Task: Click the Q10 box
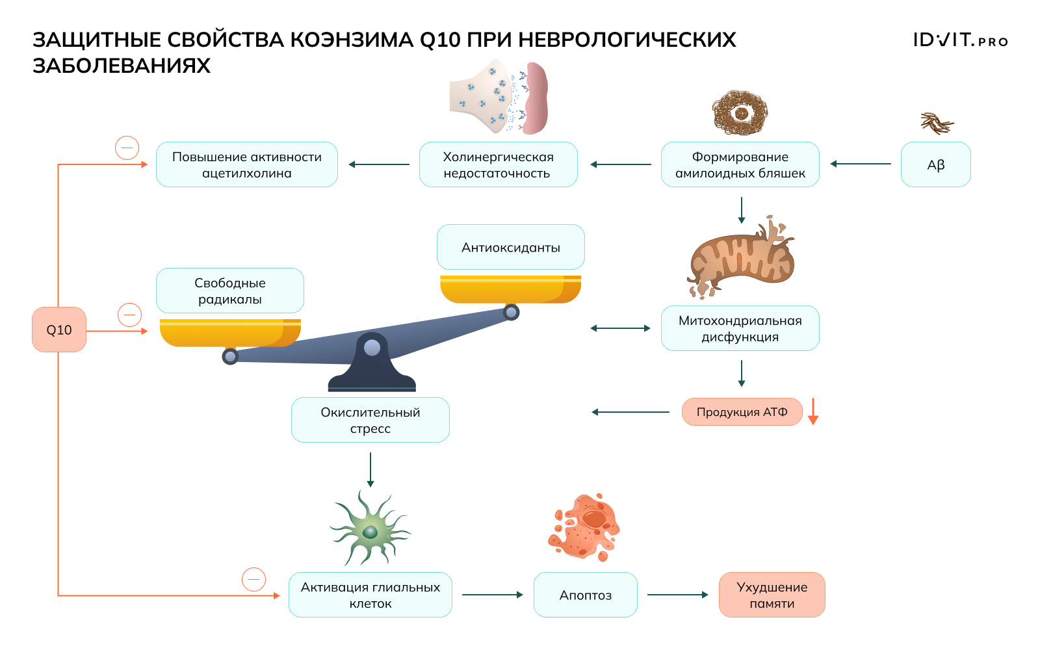[59, 330]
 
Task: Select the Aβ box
[935, 164]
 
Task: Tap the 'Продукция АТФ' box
[742, 412]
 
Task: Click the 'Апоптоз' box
[585, 595]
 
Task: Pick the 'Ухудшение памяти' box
[772, 595]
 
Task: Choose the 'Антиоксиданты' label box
[510, 247]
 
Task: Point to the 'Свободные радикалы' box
[229, 291]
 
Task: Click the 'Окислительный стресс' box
[370, 420]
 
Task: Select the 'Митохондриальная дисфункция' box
[740, 328]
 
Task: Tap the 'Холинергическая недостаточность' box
[498, 164]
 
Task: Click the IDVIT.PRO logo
[960, 40]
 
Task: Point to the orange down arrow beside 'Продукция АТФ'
[812, 411]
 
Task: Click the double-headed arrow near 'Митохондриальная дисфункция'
[620, 328]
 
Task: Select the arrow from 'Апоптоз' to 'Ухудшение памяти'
[677, 595]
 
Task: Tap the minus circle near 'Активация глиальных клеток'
[253, 579]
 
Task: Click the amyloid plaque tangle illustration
[740, 113]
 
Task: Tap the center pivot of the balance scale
[372, 348]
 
